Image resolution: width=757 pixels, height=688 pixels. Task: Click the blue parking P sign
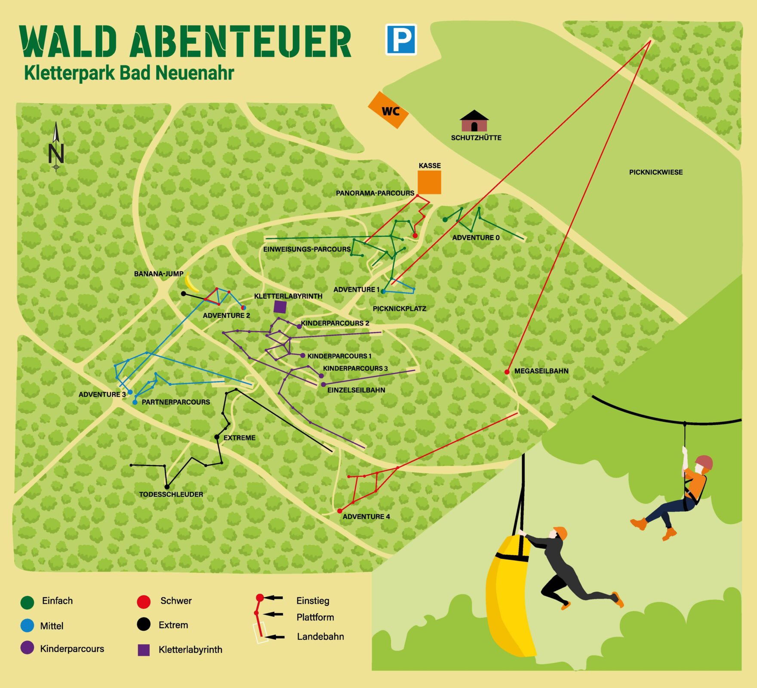pos(401,40)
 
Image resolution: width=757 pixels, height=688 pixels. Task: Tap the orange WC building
pos(388,110)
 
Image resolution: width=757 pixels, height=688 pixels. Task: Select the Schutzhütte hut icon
pos(474,121)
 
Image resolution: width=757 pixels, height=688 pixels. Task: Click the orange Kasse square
pos(429,182)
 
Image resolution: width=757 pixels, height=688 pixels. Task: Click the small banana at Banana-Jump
pos(190,283)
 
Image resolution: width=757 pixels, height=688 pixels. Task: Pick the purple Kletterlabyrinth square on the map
pos(280,307)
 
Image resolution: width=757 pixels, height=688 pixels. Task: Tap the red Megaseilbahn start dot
pos(507,372)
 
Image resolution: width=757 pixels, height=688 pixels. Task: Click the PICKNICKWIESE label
pos(655,172)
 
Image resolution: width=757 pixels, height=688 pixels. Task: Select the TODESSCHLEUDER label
pos(171,494)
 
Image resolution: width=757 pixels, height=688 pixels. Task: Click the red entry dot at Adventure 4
pos(339,511)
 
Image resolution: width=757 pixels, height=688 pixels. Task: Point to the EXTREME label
pos(240,438)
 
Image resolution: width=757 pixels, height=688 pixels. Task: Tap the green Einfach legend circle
pos(27,602)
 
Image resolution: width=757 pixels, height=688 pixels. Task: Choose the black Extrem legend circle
pos(144,624)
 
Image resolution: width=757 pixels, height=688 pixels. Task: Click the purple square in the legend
pos(144,650)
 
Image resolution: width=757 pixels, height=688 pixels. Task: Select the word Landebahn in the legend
pos(320,636)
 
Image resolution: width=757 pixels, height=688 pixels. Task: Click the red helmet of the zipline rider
pos(704,463)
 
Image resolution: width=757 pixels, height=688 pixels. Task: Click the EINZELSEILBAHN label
pos(356,390)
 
